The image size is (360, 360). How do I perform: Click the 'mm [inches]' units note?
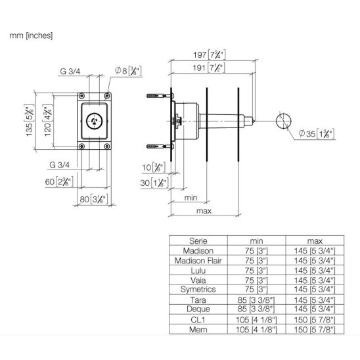pos(31,35)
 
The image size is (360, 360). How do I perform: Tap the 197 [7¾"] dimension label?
pos(210,55)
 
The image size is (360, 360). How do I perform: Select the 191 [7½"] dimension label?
pos(209,68)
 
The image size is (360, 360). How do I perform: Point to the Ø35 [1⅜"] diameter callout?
pos(317,133)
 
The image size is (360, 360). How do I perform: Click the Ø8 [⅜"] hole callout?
pos(128,71)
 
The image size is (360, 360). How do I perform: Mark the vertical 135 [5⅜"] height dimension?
pos(30,120)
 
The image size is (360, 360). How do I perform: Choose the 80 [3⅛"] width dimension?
pos(94,199)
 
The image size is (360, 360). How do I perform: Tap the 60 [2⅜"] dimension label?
pos(59,182)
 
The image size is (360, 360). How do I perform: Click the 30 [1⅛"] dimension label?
pos(154,183)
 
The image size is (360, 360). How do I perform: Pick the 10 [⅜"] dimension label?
pos(154,167)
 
